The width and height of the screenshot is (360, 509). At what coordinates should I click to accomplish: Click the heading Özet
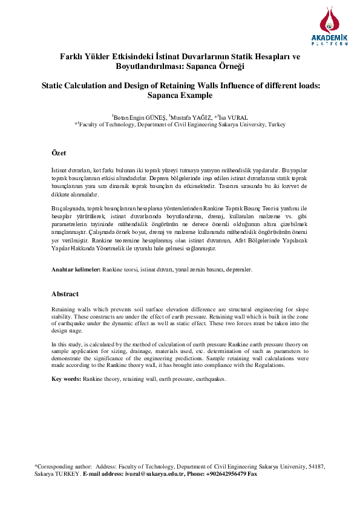pos(59,153)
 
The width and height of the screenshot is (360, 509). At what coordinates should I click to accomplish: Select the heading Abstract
pos(65,294)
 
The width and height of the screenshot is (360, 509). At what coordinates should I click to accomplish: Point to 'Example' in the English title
pos(194,96)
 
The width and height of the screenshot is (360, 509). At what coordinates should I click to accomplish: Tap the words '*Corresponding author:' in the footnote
pos(64,467)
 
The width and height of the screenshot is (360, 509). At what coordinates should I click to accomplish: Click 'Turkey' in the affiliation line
pos(276,125)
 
